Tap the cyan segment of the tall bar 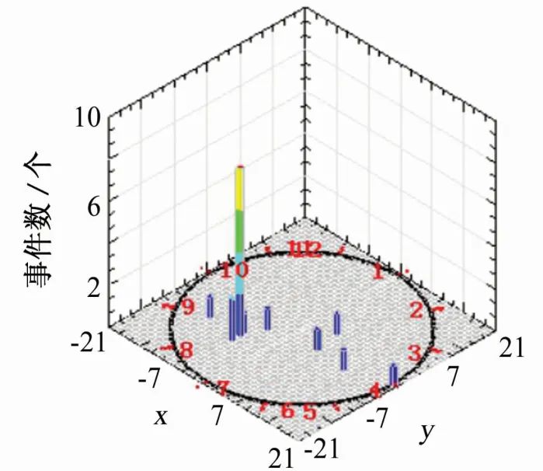pos(239,272)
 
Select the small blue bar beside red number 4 pos(394,375)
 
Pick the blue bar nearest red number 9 pos(210,306)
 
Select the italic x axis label pos(161,417)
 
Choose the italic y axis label pos(426,431)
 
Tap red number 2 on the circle pos(416,310)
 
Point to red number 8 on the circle pos(186,350)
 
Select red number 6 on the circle pos(287,410)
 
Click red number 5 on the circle pos(310,411)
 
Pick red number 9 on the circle pos(187,307)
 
